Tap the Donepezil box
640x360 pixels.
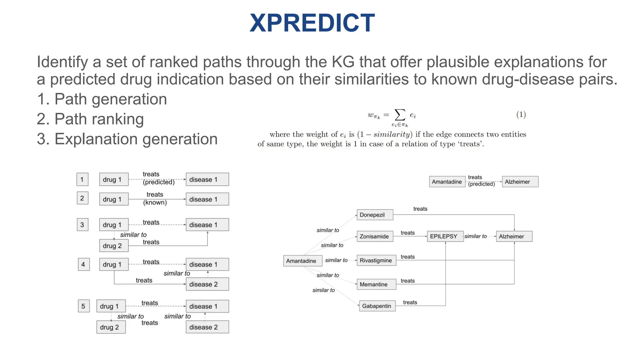click(x=375, y=215)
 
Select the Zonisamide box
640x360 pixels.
click(x=375, y=236)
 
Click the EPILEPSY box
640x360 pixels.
click(x=445, y=236)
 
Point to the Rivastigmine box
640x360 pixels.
click(x=376, y=260)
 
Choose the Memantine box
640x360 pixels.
click(x=376, y=284)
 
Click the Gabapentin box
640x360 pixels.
click(x=377, y=306)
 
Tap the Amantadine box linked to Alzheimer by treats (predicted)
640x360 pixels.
click(x=447, y=182)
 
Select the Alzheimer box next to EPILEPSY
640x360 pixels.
click(x=514, y=236)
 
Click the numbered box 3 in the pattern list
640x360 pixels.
click(x=82, y=224)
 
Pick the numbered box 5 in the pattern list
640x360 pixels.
click(x=83, y=306)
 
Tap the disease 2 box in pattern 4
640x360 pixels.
click(x=207, y=284)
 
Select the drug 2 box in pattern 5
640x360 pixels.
click(x=111, y=327)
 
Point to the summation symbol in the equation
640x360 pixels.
click(x=400, y=115)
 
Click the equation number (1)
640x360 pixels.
click(x=521, y=114)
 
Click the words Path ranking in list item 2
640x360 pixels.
click(x=99, y=119)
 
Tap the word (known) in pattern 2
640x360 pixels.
click(x=155, y=202)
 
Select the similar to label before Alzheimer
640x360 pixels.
click(x=475, y=236)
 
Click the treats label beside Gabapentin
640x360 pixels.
click(x=410, y=302)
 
